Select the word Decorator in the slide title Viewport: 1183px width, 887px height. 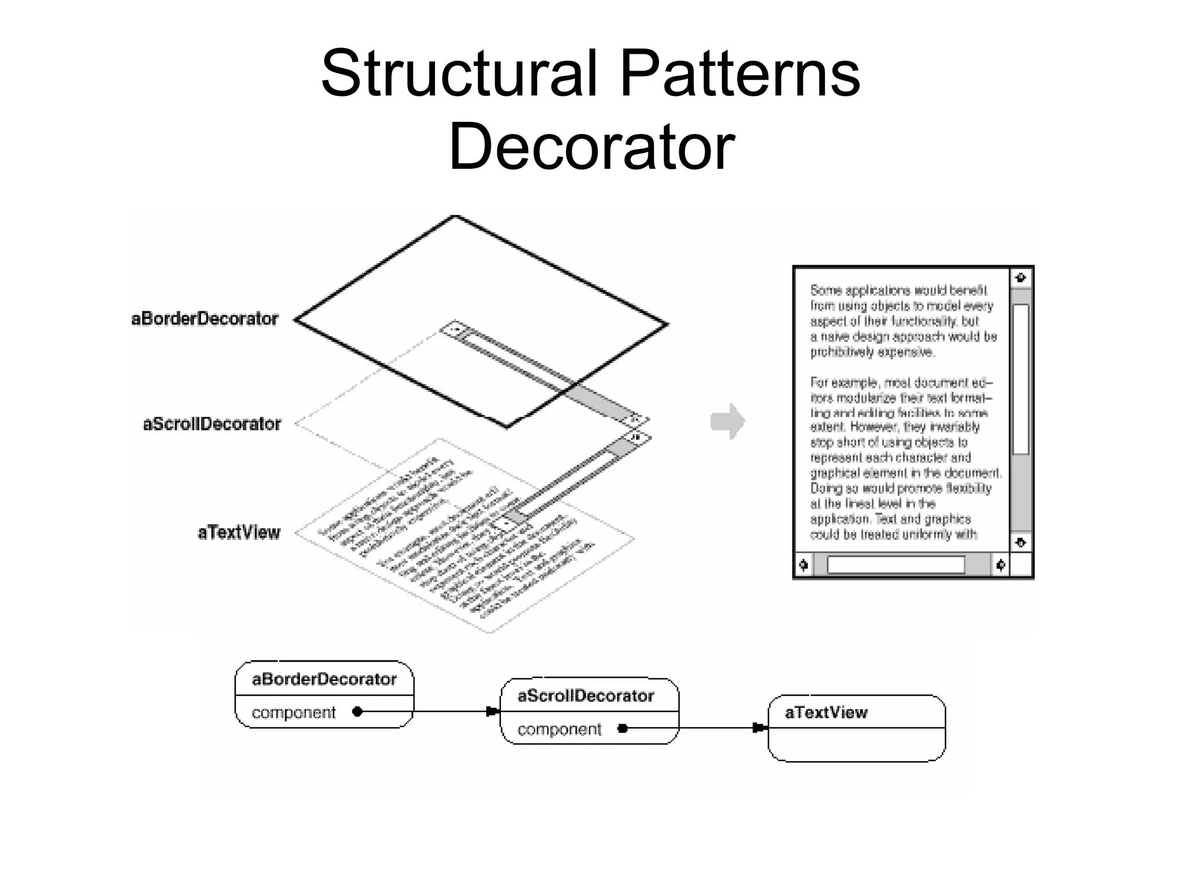(x=591, y=147)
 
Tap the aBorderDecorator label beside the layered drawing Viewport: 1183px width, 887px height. (x=205, y=318)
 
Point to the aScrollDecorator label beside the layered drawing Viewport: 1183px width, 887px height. (x=212, y=424)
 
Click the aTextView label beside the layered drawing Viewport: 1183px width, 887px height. (x=239, y=532)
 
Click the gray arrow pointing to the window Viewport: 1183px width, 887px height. (x=728, y=421)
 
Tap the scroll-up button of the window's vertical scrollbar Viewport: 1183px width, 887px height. (x=1021, y=278)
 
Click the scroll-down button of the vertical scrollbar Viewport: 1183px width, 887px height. (x=1021, y=542)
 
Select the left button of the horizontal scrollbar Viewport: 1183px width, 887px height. (x=803, y=565)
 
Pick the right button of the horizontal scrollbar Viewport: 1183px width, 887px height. (x=1001, y=565)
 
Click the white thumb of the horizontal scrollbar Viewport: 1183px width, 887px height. (x=896, y=565)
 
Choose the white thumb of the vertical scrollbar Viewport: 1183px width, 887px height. (x=1021, y=379)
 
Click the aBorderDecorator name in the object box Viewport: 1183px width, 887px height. (x=324, y=679)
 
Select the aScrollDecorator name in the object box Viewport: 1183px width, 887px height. (x=586, y=696)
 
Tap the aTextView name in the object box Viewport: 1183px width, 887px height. (x=826, y=712)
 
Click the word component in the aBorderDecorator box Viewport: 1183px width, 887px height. (x=293, y=712)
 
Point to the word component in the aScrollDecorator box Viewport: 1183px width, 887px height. (x=559, y=729)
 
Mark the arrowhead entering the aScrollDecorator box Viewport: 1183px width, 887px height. (x=493, y=711)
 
